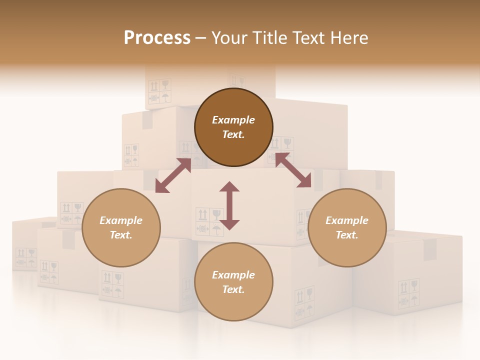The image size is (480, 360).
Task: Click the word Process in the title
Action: pyautogui.click(x=157, y=38)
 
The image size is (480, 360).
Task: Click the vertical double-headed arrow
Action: pyautogui.click(x=229, y=205)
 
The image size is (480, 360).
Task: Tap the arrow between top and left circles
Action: pyautogui.click(x=173, y=175)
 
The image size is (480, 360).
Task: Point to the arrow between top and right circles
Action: pyautogui.click(x=293, y=170)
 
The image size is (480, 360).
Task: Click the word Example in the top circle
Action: pyautogui.click(x=233, y=120)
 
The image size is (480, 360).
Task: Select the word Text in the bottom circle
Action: pyautogui.click(x=232, y=289)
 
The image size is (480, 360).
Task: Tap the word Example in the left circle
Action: pyautogui.click(x=121, y=220)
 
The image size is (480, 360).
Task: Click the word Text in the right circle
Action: pyautogui.click(x=346, y=235)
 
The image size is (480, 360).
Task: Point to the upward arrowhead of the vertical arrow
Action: pyautogui.click(x=229, y=187)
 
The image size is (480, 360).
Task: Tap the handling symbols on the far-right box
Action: pyautogui.click(x=408, y=293)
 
